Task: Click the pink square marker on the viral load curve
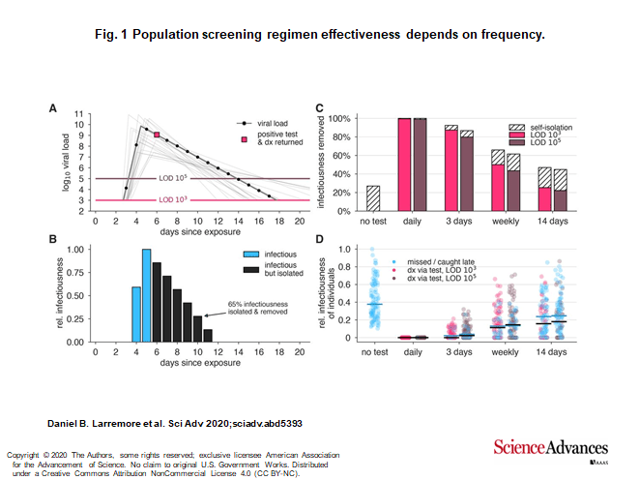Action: (x=156, y=135)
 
